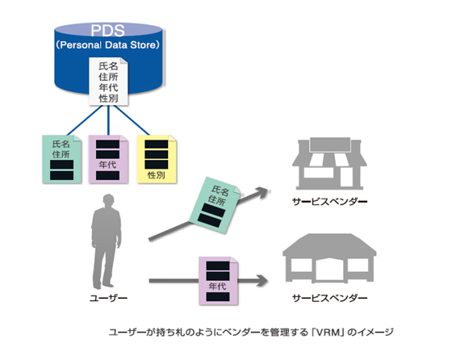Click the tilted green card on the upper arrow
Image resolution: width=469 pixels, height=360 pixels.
[x=214, y=205]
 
